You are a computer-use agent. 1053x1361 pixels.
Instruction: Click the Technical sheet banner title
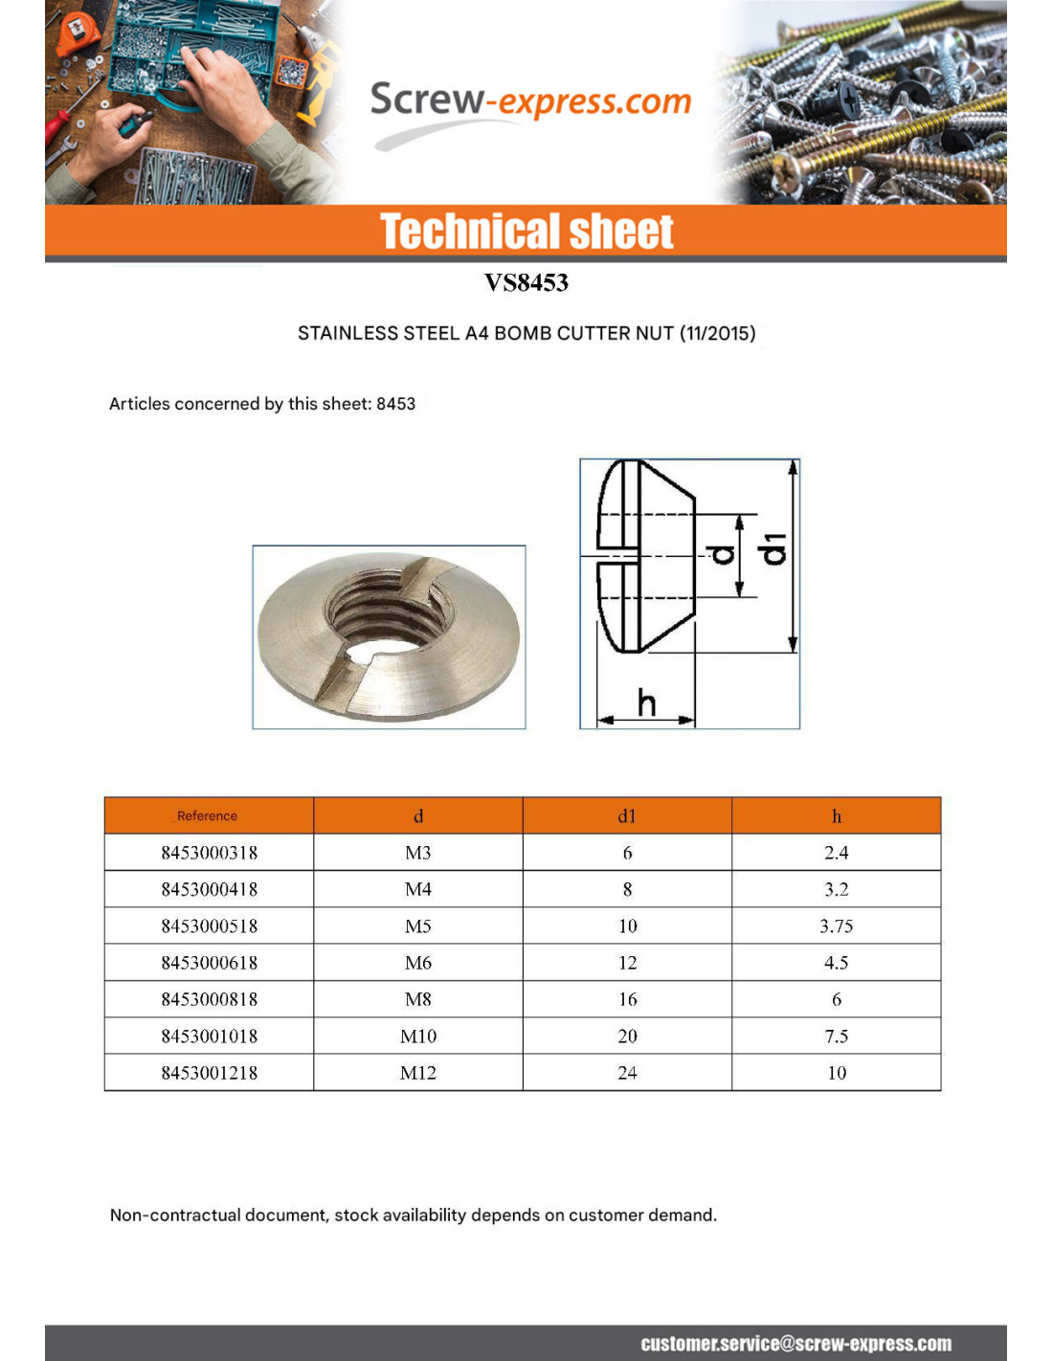526,232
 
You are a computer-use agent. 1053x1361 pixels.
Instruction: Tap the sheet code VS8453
526,282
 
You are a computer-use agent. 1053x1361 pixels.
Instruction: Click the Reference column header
207,816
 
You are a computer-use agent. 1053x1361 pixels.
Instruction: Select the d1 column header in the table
627,816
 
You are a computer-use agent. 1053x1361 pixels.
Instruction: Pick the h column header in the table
837,816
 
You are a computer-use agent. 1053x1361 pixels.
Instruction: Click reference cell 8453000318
210,853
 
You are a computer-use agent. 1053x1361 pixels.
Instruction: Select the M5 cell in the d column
418,926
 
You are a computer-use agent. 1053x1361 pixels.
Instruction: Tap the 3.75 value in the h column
837,926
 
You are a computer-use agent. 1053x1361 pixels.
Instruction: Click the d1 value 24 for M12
627,1073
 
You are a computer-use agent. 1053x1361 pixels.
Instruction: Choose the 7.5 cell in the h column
837,1037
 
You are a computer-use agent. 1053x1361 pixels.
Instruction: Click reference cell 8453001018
210,1037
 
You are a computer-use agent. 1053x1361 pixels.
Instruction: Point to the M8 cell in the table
418,999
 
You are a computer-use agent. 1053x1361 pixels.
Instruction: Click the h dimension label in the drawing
647,703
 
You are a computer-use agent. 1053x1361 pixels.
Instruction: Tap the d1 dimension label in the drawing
773,550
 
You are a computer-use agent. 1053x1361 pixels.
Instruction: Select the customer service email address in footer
795,1344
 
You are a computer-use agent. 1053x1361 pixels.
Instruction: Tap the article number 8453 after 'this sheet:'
396,404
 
